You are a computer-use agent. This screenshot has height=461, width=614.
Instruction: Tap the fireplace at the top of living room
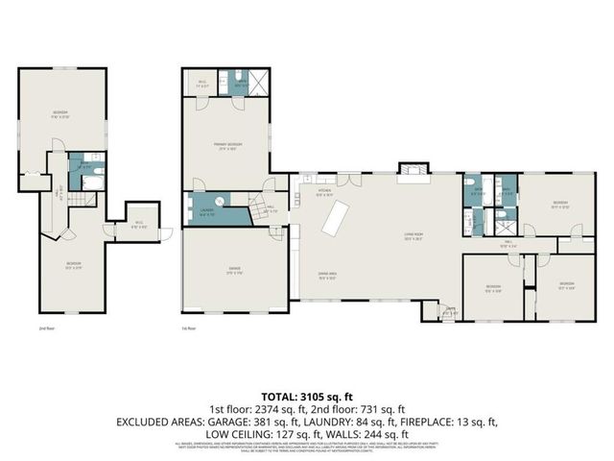click(x=410, y=170)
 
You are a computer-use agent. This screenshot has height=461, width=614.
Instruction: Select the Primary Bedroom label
click(x=226, y=145)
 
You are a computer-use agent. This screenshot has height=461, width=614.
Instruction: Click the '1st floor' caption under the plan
click(x=189, y=328)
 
